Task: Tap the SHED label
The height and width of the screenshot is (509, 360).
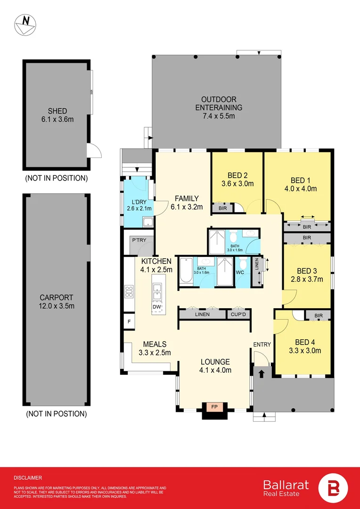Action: (57, 111)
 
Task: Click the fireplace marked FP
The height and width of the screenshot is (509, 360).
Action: (214, 406)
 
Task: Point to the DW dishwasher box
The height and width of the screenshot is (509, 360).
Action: (157, 307)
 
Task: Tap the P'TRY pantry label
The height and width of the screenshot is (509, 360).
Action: (139, 240)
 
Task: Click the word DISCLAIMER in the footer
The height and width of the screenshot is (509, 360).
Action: (28, 477)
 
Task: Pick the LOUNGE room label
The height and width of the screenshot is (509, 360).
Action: (214, 362)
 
